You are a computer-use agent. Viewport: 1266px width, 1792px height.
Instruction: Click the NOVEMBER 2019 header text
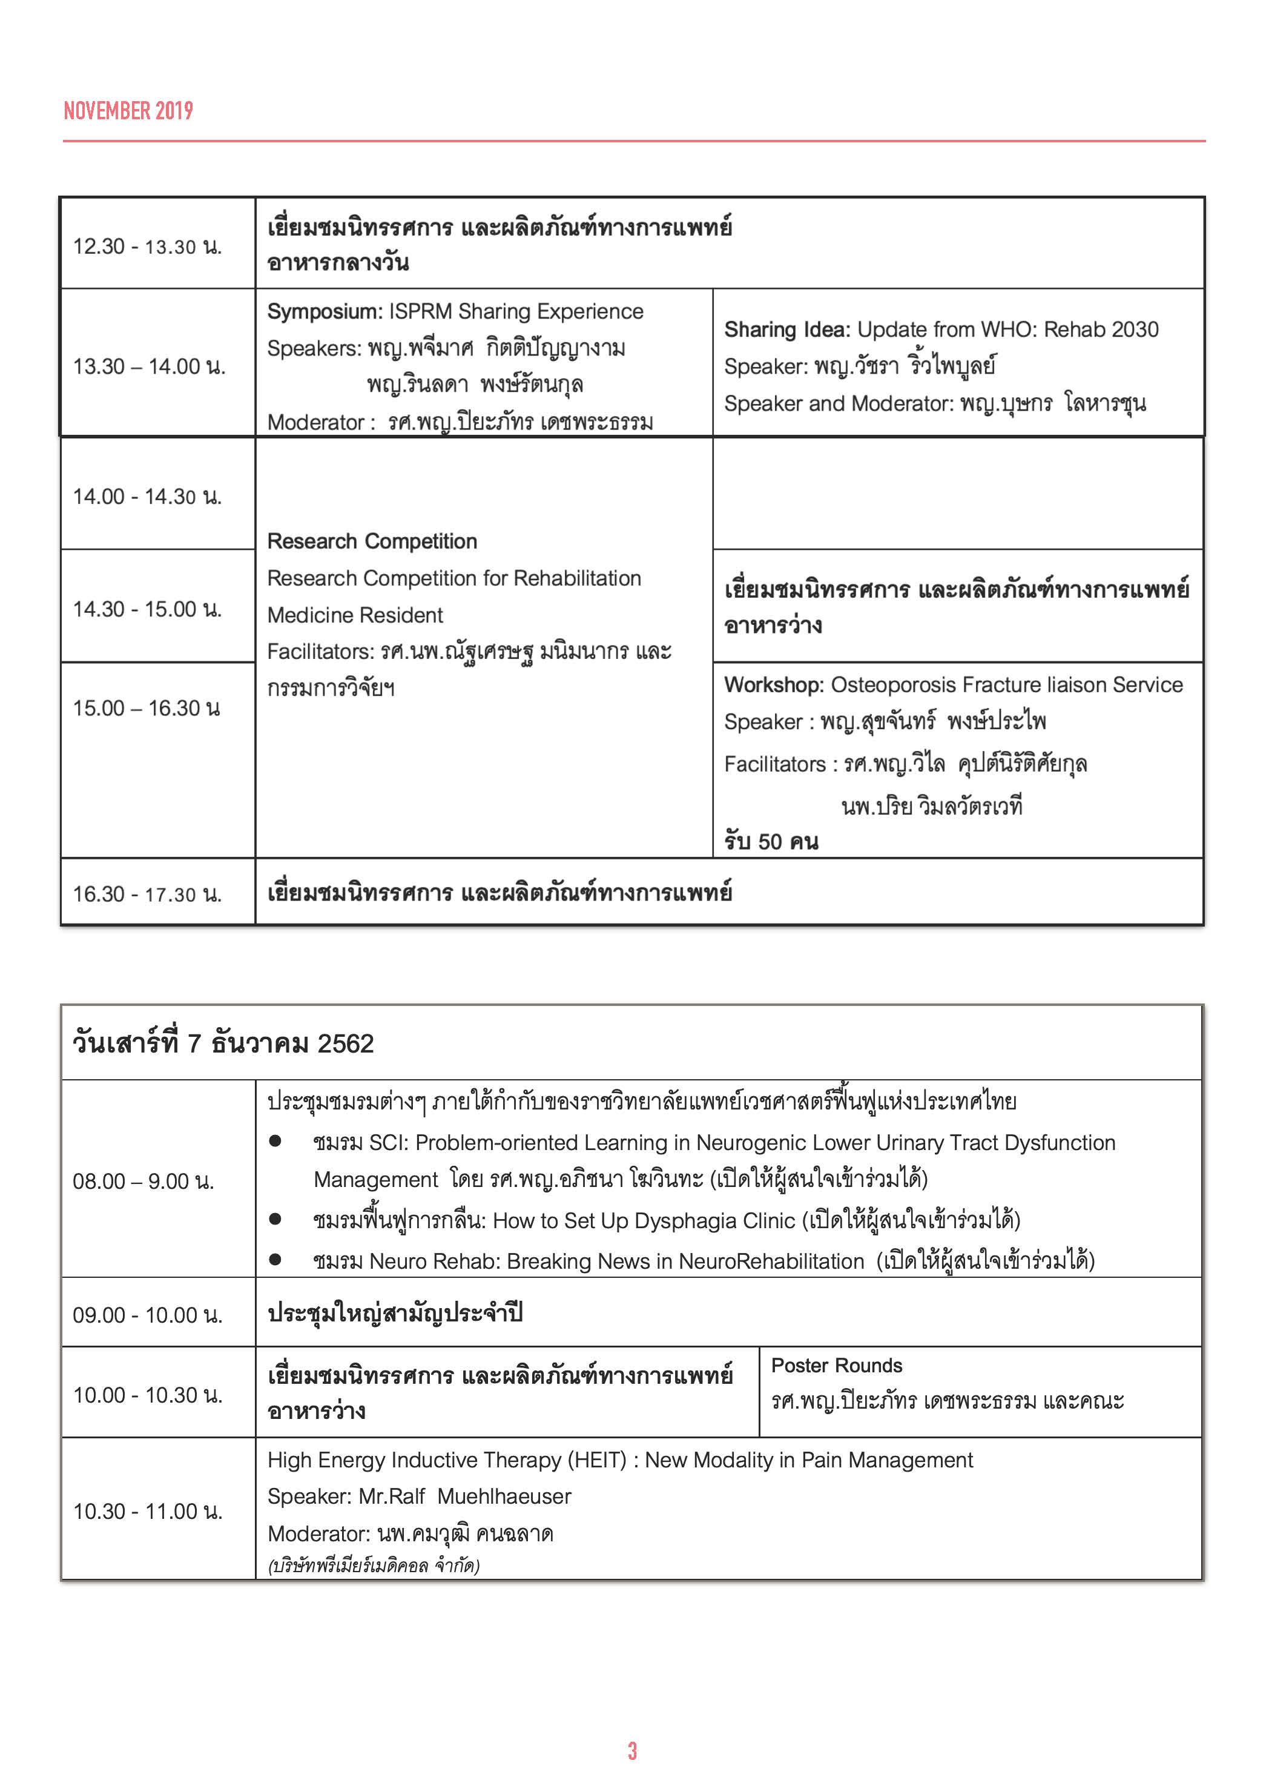click(x=128, y=111)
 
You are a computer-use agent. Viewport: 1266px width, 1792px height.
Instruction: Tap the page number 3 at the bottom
click(x=632, y=1751)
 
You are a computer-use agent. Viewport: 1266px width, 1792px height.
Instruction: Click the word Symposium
click(x=322, y=311)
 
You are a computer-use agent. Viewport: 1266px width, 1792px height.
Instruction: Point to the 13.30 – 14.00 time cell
click(x=149, y=366)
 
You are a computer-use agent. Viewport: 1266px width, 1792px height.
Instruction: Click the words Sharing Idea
click(x=786, y=329)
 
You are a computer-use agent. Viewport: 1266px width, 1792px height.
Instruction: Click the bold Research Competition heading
click(x=372, y=541)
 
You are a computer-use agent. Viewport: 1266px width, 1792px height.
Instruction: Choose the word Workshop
click(x=773, y=684)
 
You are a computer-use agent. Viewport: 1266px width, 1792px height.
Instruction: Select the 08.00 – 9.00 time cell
click(x=143, y=1181)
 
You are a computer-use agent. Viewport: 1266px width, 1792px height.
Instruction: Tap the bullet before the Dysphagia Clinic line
click(x=275, y=1218)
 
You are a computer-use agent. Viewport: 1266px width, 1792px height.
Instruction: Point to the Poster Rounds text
click(x=836, y=1365)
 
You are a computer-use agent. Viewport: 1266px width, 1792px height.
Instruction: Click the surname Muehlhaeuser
click(x=504, y=1496)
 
